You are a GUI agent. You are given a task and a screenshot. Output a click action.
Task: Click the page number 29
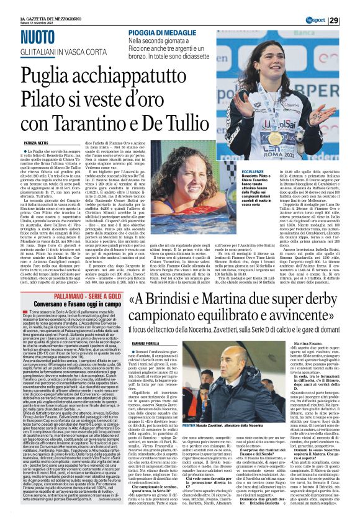click(x=351, y=21)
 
